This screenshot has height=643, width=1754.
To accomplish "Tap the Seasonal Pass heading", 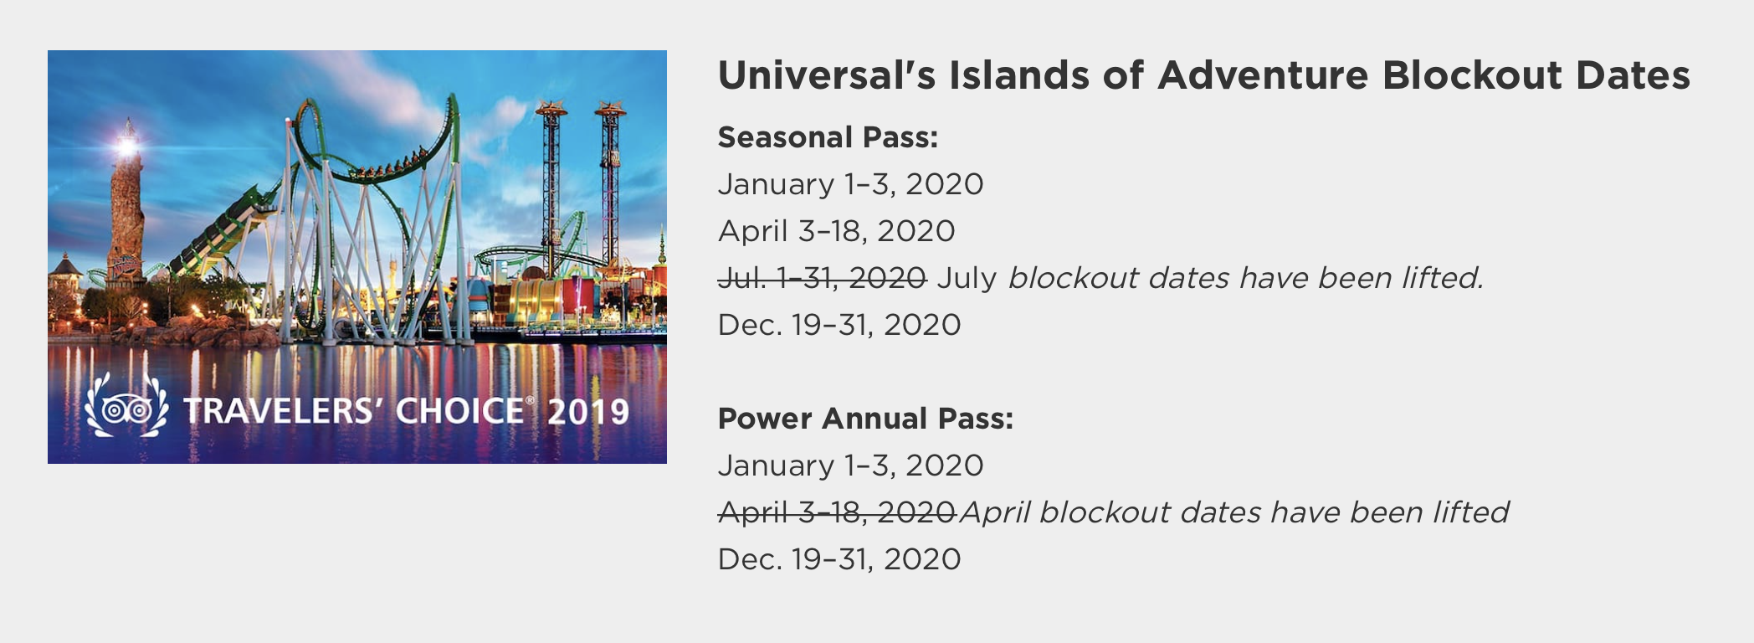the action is (x=828, y=137).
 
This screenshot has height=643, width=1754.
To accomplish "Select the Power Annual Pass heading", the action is (x=865, y=419).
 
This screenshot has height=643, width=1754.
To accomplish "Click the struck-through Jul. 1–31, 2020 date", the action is (x=822, y=278).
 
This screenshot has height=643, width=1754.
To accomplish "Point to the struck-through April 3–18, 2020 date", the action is (x=837, y=512).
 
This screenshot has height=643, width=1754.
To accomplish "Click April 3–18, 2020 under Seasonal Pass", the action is (x=837, y=231).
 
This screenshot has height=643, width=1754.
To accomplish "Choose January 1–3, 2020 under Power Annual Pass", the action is (x=850, y=466).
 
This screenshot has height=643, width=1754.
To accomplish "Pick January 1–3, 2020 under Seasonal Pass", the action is (x=850, y=184).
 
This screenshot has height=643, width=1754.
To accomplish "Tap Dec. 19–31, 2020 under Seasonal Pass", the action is (x=839, y=325).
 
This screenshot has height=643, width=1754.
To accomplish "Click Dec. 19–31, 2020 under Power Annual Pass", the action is (x=839, y=559).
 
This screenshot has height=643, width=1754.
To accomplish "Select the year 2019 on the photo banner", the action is (x=588, y=412).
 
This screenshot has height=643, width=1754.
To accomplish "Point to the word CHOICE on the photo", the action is (x=460, y=411).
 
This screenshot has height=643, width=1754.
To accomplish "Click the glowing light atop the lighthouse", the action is (x=127, y=147).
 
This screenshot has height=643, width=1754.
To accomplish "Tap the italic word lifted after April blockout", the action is (x=1470, y=512).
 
